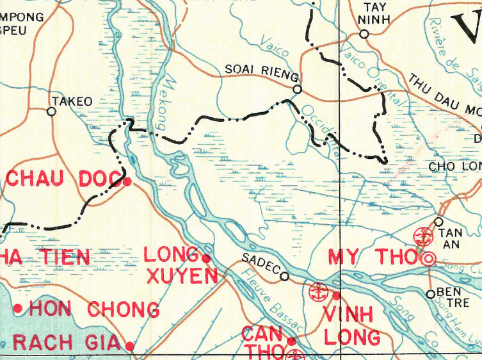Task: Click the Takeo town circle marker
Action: click(x=52, y=111)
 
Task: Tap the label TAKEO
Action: click(x=72, y=101)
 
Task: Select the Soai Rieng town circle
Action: click(x=297, y=90)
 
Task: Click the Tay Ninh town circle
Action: click(x=364, y=34)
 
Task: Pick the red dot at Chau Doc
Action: click(x=127, y=182)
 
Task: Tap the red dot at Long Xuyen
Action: click(x=206, y=258)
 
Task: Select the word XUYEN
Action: click(x=182, y=277)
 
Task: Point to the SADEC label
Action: click(x=260, y=265)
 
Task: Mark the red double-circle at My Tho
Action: click(x=428, y=259)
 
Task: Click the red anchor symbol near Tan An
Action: click(x=423, y=236)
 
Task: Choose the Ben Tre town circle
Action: click(x=431, y=294)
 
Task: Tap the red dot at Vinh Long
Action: click(x=337, y=295)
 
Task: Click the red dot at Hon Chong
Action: click(x=19, y=309)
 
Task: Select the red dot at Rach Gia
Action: click(x=130, y=346)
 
